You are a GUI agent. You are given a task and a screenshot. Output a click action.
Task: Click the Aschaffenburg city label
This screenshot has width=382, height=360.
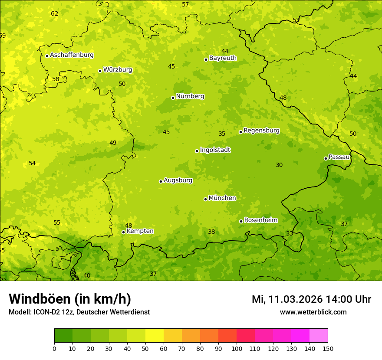pos(72,55)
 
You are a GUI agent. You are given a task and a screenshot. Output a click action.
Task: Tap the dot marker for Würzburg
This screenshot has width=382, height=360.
pos(100,71)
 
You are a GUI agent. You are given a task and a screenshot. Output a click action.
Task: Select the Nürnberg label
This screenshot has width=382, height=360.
pos(190,96)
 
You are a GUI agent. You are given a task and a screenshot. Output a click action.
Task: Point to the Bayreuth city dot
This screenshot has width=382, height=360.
pos(206,59)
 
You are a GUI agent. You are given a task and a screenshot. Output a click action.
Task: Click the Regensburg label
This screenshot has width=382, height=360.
pos(261,131)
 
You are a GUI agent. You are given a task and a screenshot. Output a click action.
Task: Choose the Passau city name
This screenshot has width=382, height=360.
pos(339,157)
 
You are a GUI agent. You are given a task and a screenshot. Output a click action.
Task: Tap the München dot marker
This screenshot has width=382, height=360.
pos(205,199)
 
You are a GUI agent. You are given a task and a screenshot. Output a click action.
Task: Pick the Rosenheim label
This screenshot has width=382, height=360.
pos(260,220)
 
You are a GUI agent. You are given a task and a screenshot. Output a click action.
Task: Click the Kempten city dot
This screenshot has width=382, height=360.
pos(123,232)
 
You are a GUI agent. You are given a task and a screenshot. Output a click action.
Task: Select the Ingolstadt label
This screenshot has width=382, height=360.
pos(215,150)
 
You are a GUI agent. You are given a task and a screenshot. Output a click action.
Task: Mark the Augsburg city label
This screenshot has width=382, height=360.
pos(178,180)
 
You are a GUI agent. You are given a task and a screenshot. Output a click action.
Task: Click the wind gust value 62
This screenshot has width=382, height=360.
pos(54,13)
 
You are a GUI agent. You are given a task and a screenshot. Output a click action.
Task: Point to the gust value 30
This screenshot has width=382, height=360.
pos(279,165)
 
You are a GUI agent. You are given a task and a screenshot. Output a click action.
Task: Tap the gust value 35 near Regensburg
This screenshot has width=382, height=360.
pos(222,134)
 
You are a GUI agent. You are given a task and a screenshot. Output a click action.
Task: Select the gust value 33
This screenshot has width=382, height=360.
pos(290,233)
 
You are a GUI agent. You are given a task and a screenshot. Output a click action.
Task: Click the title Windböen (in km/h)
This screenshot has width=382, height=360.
pos(70,299)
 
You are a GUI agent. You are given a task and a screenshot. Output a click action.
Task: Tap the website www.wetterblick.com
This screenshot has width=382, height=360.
pos(313,312)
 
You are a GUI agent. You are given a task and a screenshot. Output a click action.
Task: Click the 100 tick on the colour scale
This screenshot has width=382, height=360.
pos(237,348)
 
